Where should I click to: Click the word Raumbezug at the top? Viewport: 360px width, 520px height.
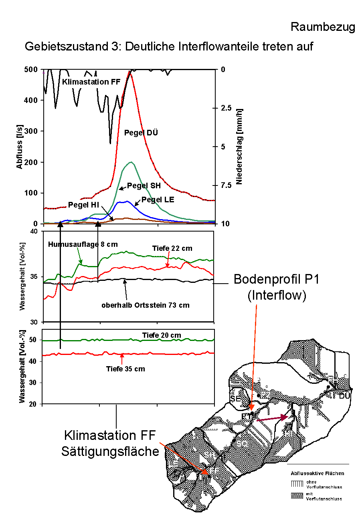(322, 27)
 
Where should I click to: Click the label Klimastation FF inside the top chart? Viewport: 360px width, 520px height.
(91, 82)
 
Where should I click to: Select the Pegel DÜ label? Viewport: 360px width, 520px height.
(141, 133)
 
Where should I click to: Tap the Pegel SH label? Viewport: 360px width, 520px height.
(144, 185)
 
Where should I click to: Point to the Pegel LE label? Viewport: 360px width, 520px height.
(158, 200)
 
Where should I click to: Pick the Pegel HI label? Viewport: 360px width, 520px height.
(83, 205)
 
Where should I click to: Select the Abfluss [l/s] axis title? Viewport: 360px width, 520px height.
(20, 147)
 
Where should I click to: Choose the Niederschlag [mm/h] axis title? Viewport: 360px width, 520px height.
(239, 147)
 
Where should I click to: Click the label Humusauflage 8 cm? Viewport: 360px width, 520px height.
(83, 244)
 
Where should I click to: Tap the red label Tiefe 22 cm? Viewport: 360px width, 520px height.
(172, 248)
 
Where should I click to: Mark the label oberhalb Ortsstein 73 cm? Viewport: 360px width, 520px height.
(145, 305)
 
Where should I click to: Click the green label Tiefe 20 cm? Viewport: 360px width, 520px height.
(162, 335)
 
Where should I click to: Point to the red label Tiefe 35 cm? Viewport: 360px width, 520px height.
(125, 369)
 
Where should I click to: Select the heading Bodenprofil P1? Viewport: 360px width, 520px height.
(276, 279)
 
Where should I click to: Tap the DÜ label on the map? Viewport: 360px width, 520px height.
(344, 396)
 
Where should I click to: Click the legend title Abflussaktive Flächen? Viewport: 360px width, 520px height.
(318, 473)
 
